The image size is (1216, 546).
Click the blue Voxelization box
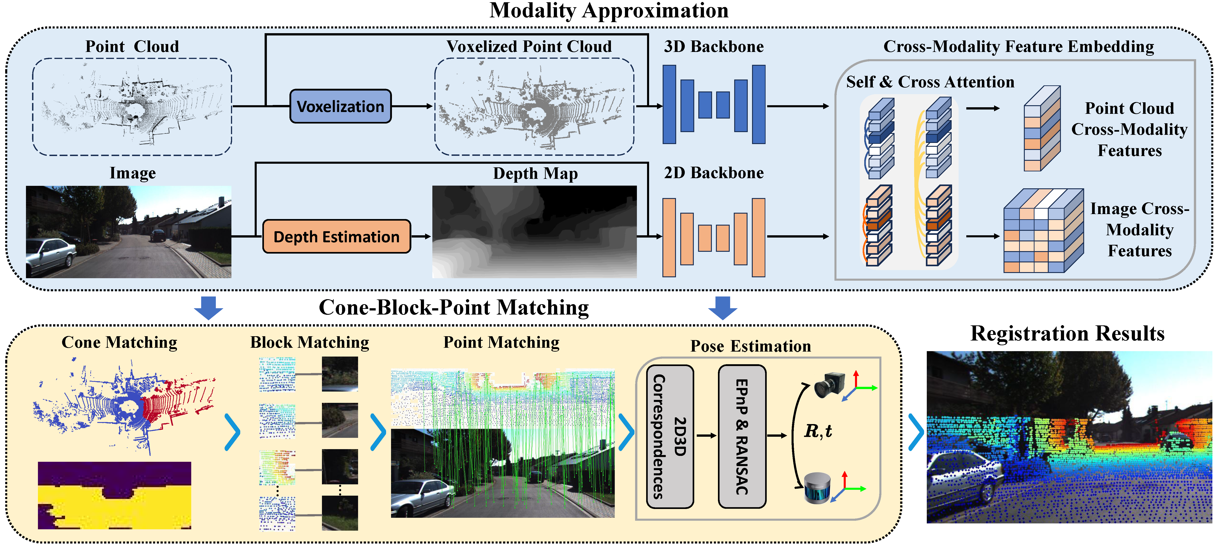tap(340, 106)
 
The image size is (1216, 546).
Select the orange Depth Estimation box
tap(336, 236)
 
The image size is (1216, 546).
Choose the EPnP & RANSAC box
tap(742, 436)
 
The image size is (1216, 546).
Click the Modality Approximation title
tap(608, 10)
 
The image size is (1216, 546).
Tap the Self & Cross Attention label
tap(930, 82)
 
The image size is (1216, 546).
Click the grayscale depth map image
tap(534, 231)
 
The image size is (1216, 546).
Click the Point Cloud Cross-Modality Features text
tap(1129, 129)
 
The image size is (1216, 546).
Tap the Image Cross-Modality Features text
tap(1139, 230)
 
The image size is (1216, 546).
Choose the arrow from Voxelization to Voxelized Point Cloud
tap(412, 106)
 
